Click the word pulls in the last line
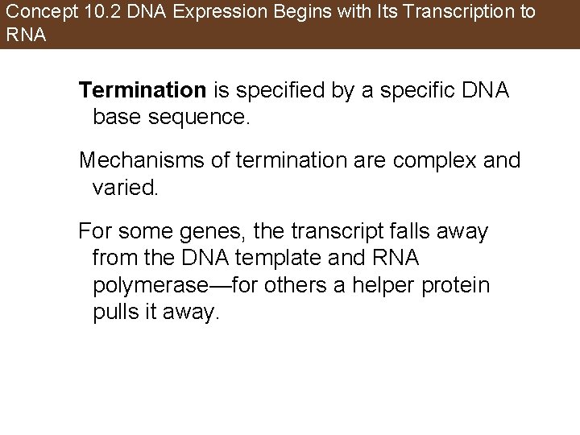point(116,313)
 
